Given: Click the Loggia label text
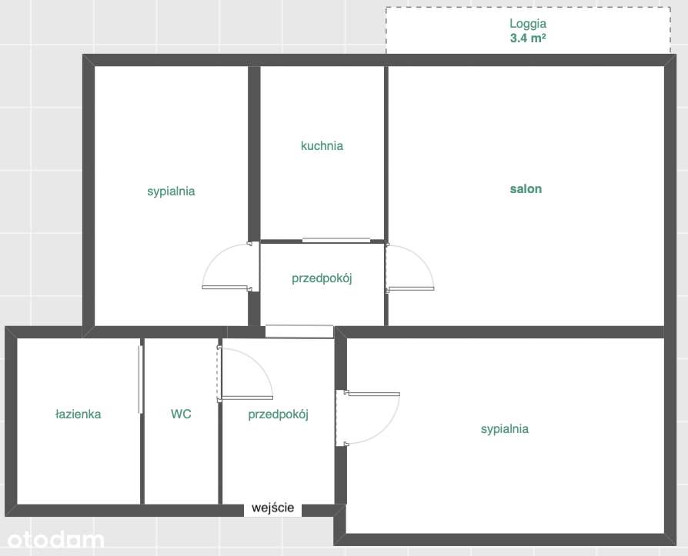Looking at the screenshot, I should pyautogui.click(x=527, y=24).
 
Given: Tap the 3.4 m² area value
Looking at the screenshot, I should pyautogui.click(x=527, y=37).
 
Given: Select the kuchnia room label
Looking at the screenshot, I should pyautogui.click(x=322, y=145).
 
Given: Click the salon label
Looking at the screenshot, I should pyautogui.click(x=526, y=188).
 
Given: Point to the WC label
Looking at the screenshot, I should pyautogui.click(x=181, y=414).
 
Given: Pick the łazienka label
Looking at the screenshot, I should pyautogui.click(x=78, y=414).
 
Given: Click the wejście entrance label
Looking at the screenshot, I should pyautogui.click(x=272, y=508).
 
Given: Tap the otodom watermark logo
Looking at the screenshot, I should pyautogui.click(x=52, y=540).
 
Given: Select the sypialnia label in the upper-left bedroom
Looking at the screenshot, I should pyautogui.click(x=171, y=191).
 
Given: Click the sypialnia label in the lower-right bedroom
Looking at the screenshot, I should pyautogui.click(x=504, y=429).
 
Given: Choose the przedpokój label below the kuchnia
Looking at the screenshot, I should pyautogui.click(x=322, y=278).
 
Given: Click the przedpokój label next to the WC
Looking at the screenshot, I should pyautogui.click(x=278, y=415).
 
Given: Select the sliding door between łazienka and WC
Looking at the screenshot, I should pyautogui.click(x=139, y=379).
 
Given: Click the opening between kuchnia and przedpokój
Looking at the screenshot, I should pyautogui.click(x=336, y=241).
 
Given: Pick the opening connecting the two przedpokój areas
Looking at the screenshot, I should pyautogui.click(x=299, y=331).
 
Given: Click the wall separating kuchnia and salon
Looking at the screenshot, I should pyautogui.click(x=386, y=154).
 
